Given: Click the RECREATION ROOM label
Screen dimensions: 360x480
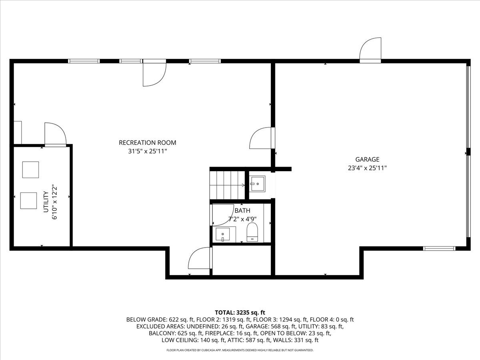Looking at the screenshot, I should (147, 143).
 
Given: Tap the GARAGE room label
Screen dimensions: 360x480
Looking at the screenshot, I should (367, 160).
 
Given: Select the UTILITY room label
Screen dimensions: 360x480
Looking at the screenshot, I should (46, 201).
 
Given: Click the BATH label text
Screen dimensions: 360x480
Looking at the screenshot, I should (242, 210).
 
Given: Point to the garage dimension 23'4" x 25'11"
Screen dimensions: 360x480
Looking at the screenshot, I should (367, 168).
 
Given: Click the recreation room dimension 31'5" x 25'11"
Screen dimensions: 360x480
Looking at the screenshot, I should (147, 151).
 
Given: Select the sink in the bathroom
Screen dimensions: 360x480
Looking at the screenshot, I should (223, 234).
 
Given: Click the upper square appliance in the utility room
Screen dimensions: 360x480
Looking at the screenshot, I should (30, 170).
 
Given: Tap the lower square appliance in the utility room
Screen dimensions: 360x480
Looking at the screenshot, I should (28, 200).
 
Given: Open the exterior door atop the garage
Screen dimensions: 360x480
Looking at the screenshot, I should (370, 50).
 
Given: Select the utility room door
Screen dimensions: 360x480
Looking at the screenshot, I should (54, 134).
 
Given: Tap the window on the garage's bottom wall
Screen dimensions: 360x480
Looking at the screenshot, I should (439, 248).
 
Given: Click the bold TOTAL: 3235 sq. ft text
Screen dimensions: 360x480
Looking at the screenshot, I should (240, 312).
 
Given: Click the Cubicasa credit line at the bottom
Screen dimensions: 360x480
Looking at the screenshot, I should (240, 350).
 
